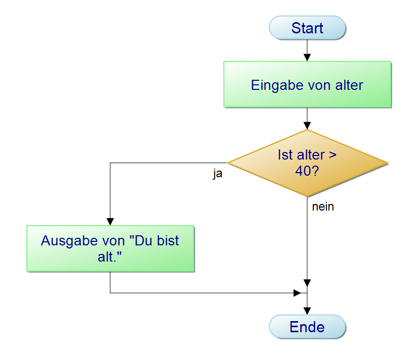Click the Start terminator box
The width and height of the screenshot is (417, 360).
307,28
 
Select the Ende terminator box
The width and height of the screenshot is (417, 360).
307,327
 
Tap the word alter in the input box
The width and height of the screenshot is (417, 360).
349,85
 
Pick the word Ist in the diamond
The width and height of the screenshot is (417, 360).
285,155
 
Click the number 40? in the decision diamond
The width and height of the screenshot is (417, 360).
307,171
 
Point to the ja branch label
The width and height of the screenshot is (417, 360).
217,174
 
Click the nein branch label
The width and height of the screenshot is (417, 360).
323,207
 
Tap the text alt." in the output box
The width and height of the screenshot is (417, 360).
110,256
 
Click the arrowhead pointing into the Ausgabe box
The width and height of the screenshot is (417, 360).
110,222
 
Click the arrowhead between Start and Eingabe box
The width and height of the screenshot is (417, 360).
307,58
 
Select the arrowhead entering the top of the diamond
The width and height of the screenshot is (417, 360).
307,126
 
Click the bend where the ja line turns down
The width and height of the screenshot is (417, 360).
110,163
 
